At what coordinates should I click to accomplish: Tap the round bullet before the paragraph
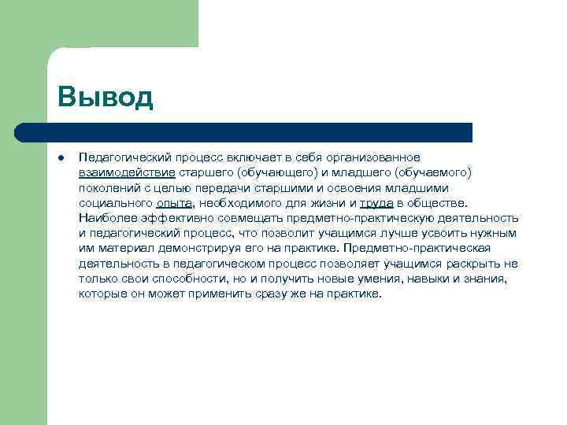61,157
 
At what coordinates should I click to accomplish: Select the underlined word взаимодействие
127,172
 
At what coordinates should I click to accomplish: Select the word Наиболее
106,218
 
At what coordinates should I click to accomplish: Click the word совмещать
246,218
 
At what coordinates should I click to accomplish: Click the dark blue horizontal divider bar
244,132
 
